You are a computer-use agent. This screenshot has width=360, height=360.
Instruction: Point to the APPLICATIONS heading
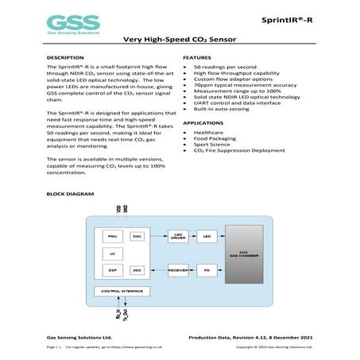(x=203, y=123)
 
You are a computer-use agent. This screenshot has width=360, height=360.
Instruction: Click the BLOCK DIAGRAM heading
(x=71, y=194)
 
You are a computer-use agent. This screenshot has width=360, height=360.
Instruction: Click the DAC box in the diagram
(x=137, y=236)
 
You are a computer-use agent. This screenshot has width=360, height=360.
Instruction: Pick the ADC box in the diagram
(x=137, y=270)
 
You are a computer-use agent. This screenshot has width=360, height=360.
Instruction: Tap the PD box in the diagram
(x=207, y=270)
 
